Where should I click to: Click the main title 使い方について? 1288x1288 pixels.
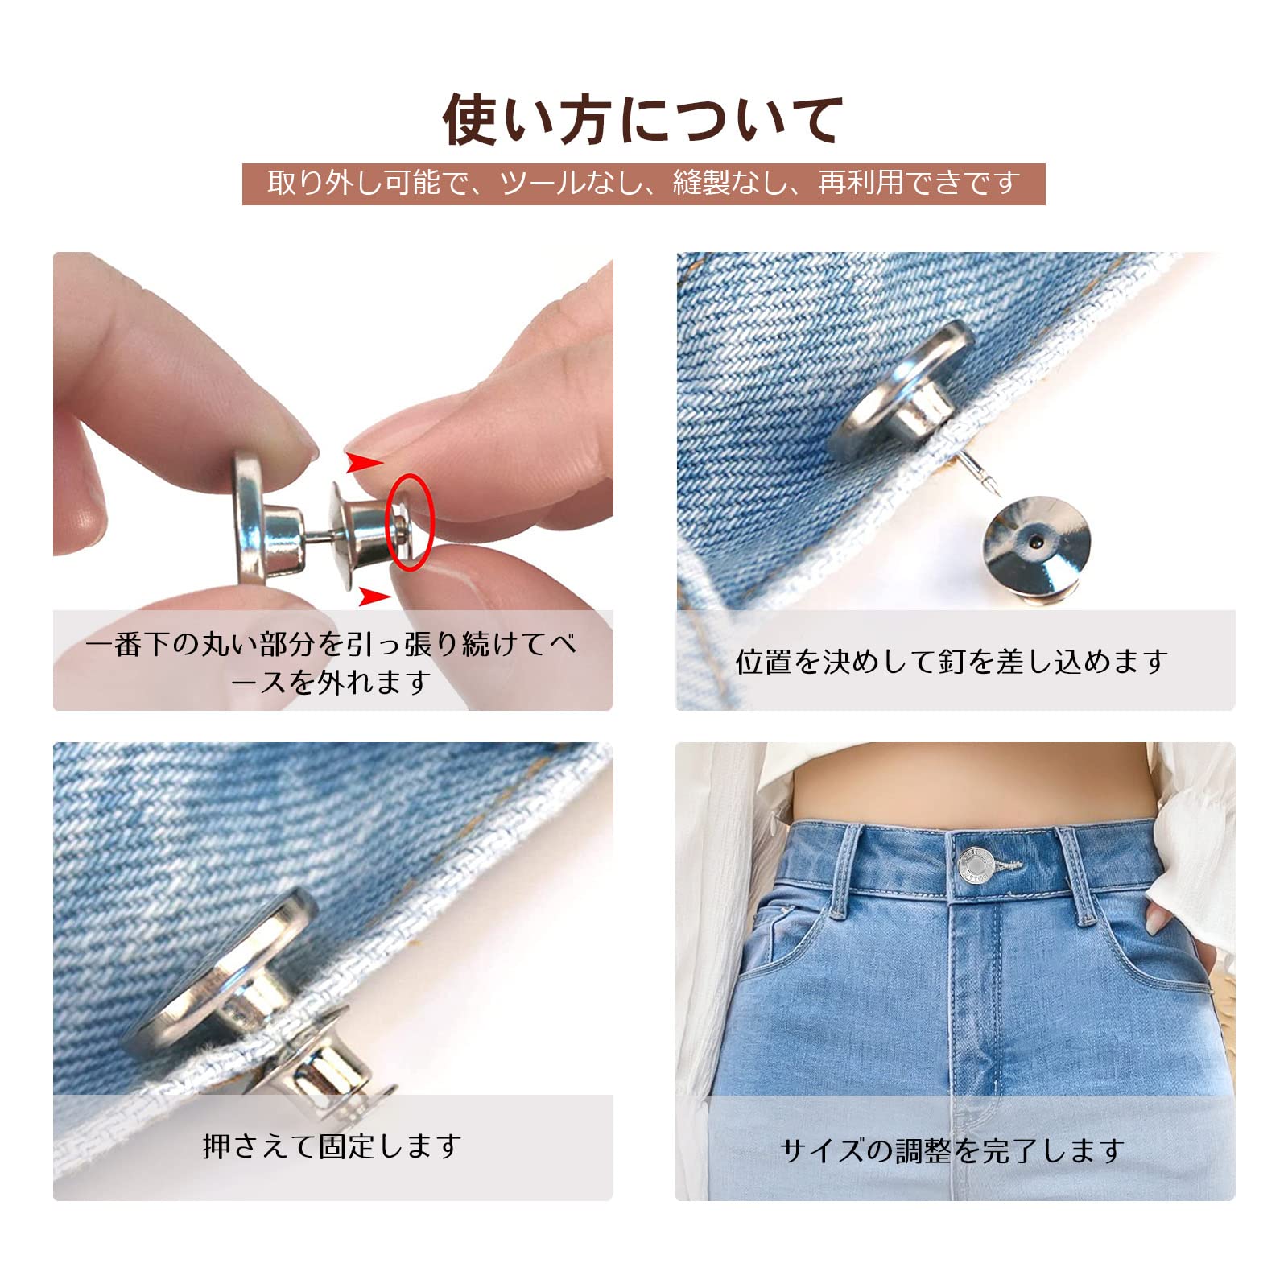pos(643,119)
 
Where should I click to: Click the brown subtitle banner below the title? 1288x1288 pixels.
pos(644,184)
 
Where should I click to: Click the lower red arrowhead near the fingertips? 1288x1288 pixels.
pos(374,596)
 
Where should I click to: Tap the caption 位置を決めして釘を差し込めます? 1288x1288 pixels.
pos(952,662)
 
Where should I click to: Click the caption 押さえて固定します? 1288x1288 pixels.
pos(332,1146)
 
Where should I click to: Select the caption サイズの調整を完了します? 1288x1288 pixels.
pos(952,1150)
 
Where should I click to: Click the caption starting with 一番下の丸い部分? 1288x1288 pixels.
pos(331,663)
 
